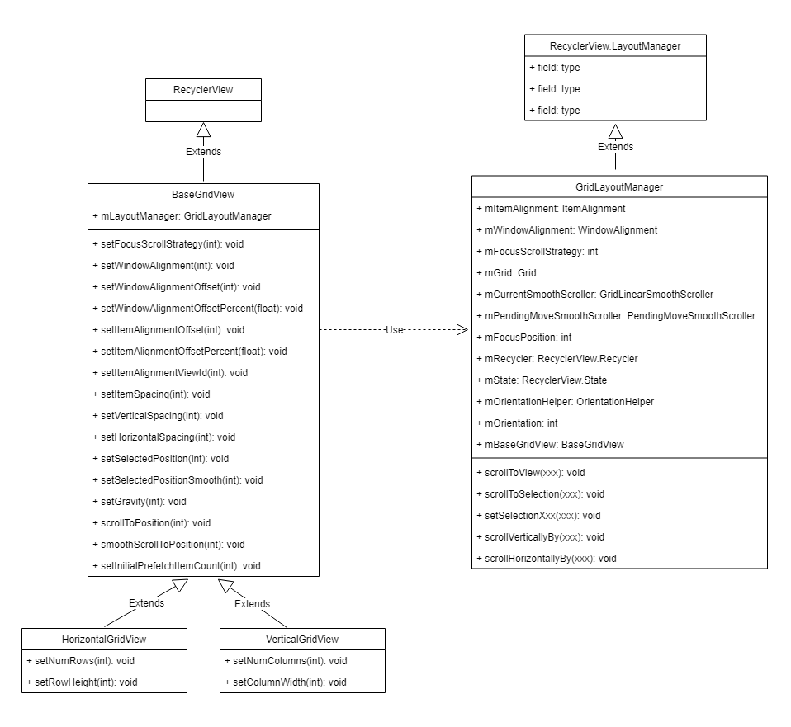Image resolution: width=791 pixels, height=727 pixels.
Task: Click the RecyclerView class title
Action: coord(203,89)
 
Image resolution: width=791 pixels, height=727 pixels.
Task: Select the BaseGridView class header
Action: coord(203,195)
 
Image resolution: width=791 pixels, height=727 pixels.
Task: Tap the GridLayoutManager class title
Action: coord(619,187)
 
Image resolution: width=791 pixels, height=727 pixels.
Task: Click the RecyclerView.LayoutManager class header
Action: coord(615,46)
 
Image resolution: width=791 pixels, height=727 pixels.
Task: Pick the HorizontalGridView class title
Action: coord(104,639)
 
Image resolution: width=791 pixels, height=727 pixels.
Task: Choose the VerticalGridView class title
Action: coord(302,639)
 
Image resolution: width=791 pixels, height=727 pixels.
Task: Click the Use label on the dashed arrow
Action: coord(395,329)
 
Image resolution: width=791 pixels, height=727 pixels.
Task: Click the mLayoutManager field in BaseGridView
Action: coord(182,216)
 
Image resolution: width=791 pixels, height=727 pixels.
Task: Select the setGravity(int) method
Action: coord(139,501)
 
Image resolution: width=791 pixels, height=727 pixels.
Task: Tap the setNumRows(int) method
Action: coord(81,660)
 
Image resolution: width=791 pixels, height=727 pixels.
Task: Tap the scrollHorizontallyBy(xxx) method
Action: coord(547,559)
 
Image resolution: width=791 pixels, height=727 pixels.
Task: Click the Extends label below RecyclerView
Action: coord(203,151)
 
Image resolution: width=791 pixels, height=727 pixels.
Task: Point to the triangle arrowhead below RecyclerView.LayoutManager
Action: coord(615,130)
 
